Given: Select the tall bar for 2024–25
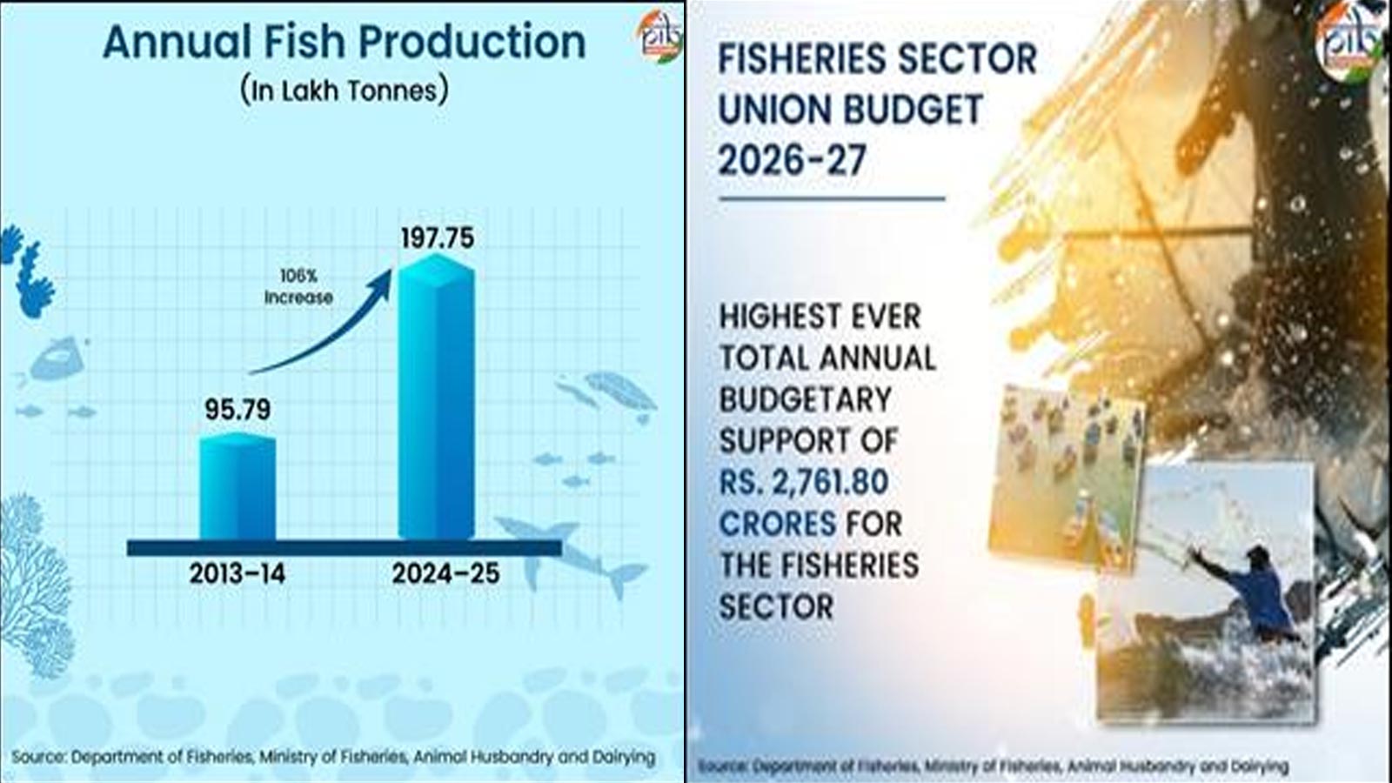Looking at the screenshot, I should (x=436, y=400).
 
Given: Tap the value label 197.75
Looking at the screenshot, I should (x=437, y=238).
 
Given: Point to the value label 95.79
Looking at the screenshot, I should (x=238, y=409).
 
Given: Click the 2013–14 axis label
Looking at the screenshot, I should (x=238, y=574).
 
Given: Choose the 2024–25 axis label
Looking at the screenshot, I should (x=445, y=574).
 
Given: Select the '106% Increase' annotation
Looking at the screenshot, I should (x=298, y=287).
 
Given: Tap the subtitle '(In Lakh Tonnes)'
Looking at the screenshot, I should (x=345, y=90).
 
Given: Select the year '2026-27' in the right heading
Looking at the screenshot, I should (x=792, y=160).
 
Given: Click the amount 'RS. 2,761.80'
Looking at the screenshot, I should (x=803, y=482).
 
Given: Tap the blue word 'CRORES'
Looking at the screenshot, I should (x=777, y=524).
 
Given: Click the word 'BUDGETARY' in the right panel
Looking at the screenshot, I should (x=806, y=399).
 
